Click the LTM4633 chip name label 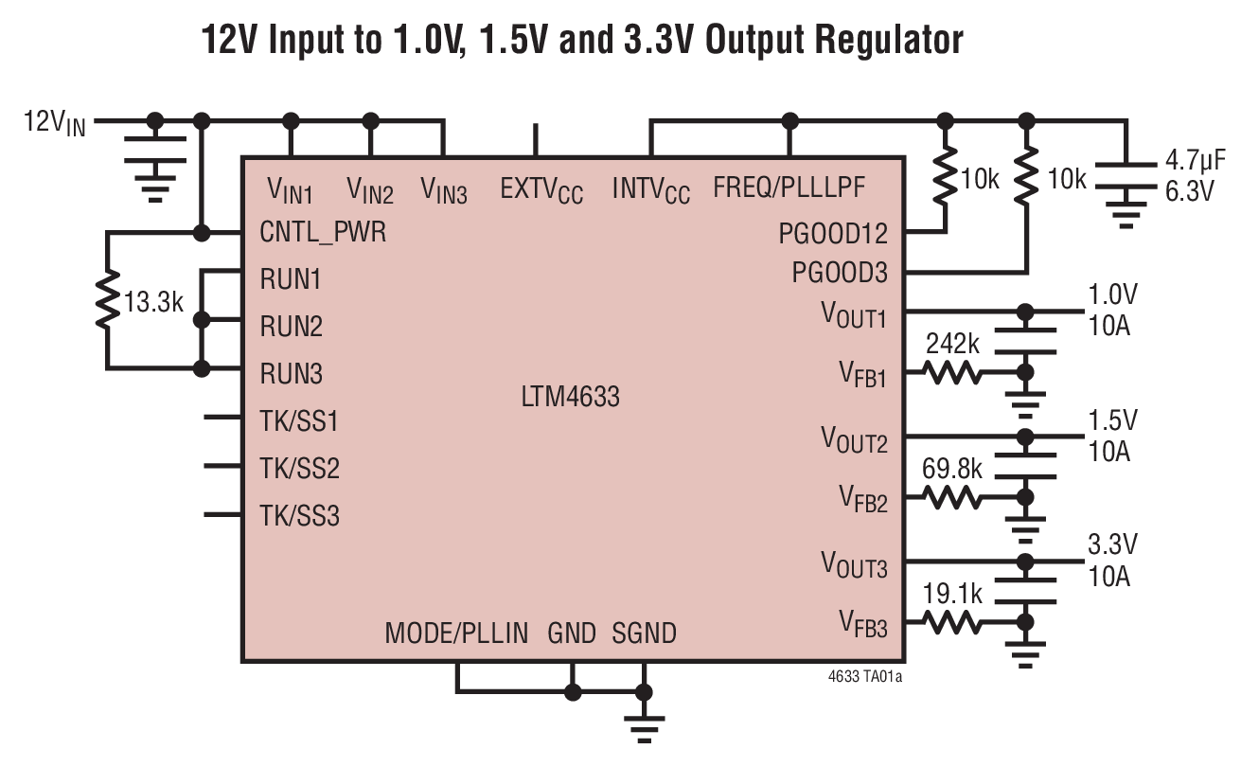click(570, 397)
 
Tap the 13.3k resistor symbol click(108, 301)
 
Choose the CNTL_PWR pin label click(323, 232)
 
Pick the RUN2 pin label click(291, 327)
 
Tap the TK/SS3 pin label click(299, 516)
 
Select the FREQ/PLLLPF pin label click(789, 187)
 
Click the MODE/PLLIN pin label click(456, 633)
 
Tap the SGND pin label click(644, 633)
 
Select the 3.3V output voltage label click(1112, 544)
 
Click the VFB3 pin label click(862, 623)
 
